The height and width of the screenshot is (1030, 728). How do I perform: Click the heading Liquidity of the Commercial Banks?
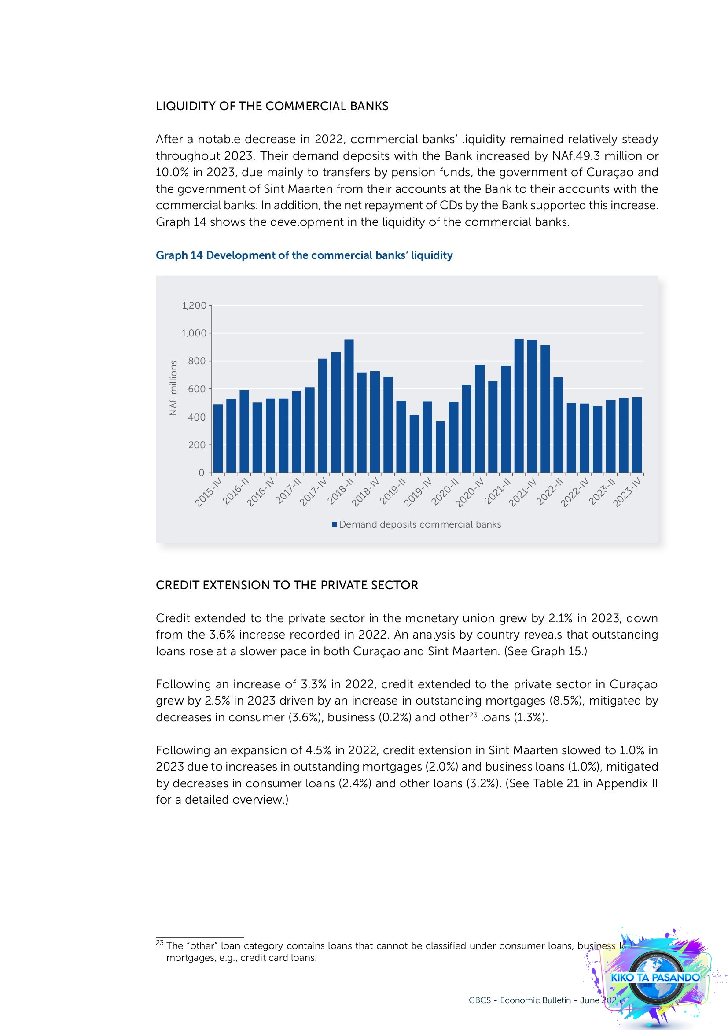[272, 106]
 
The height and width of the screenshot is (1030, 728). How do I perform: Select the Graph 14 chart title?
[304, 255]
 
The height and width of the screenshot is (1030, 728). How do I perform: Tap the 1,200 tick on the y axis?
[194, 306]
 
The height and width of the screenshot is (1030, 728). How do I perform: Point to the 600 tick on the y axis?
[196, 389]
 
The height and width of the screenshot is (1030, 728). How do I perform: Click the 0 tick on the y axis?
[201, 473]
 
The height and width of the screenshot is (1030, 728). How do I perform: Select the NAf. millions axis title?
[173, 388]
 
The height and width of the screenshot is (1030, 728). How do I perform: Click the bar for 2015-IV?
[218, 438]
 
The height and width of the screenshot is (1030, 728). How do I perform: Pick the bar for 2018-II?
[349, 406]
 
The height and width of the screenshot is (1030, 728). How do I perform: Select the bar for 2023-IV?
[636, 435]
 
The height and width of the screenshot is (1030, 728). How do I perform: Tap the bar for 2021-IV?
[532, 406]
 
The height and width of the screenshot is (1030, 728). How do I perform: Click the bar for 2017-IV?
[323, 415]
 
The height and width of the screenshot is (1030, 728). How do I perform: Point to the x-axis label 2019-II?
[393, 492]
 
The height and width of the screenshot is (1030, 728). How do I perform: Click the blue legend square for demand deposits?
[335, 524]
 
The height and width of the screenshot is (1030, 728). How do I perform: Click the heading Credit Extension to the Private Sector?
[287, 585]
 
